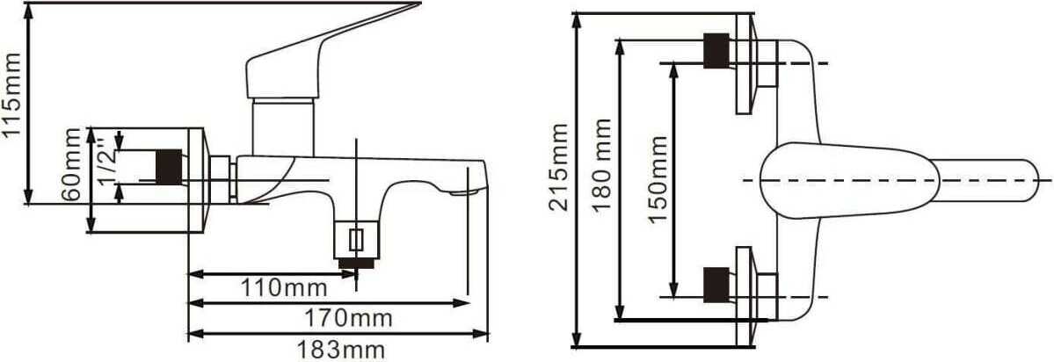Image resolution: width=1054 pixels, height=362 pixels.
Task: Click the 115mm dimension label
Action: click(x=12, y=94)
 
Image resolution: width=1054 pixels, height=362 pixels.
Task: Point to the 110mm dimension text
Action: click(x=284, y=288)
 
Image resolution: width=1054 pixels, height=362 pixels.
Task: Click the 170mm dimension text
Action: click(x=348, y=318)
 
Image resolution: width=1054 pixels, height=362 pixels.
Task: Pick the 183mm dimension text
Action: click(x=341, y=350)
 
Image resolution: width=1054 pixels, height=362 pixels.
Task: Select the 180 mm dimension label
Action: click(x=601, y=164)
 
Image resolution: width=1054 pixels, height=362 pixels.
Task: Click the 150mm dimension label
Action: click(x=658, y=180)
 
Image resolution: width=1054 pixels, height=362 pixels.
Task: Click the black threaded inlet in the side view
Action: click(x=169, y=167)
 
